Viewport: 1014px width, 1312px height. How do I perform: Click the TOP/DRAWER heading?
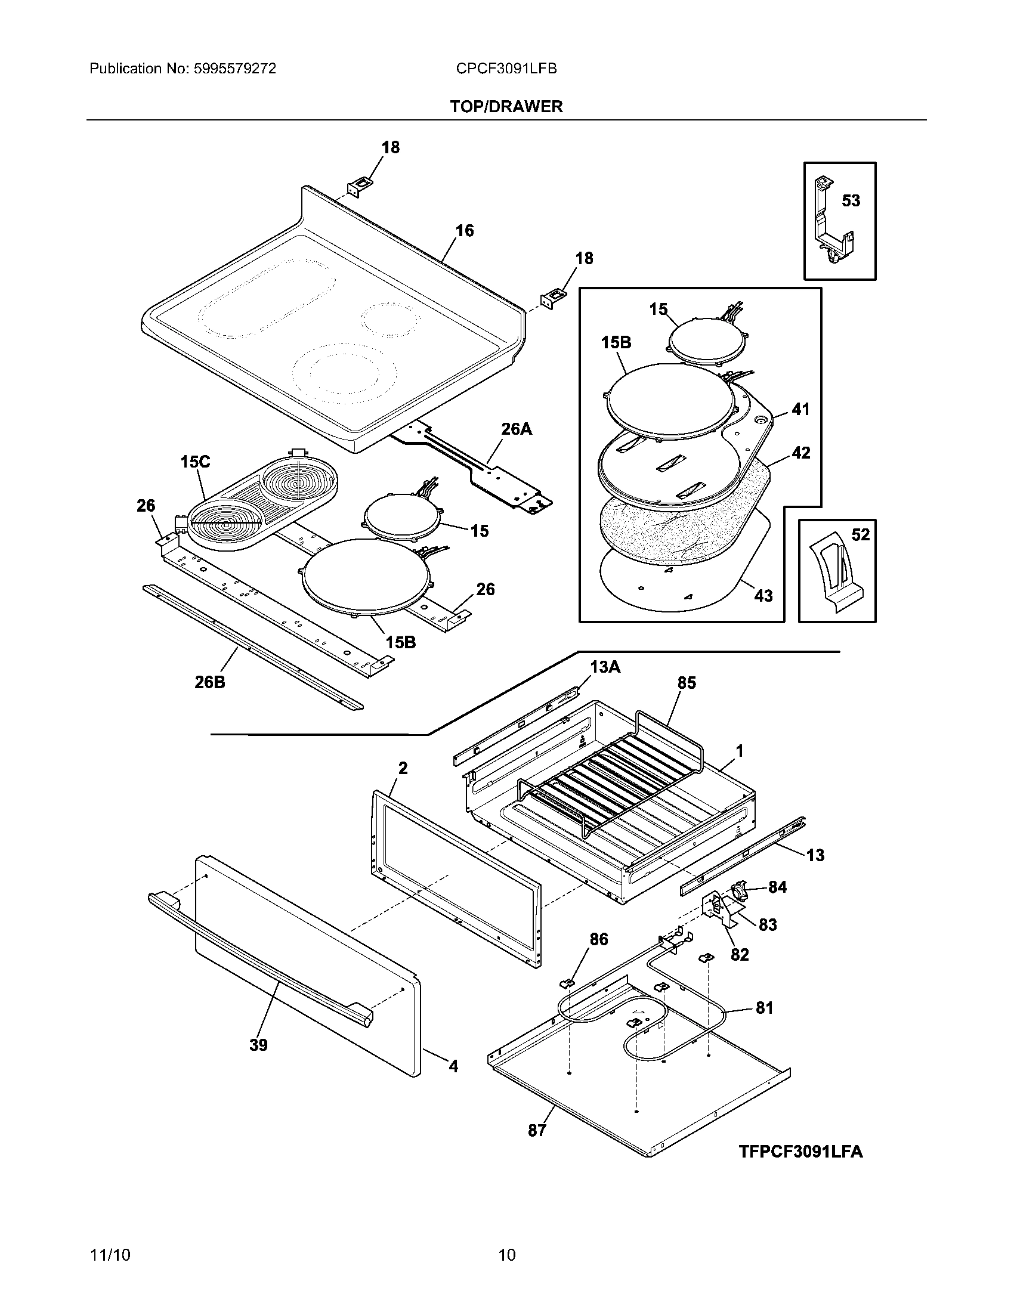tap(506, 107)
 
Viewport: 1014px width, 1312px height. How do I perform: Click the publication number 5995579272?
tap(235, 69)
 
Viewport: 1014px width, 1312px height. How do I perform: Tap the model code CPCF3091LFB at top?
tap(506, 69)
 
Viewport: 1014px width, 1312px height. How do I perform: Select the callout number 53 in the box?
tap(851, 200)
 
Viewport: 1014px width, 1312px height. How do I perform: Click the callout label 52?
tap(860, 535)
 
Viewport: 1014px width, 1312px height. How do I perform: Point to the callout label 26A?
tap(517, 429)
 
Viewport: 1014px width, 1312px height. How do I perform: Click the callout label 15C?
tap(195, 462)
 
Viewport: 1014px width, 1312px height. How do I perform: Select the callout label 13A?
tap(605, 667)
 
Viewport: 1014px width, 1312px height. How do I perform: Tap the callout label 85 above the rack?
tap(687, 683)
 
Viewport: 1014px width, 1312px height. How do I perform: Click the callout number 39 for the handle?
tap(258, 1045)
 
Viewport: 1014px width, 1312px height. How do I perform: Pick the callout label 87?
tap(537, 1131)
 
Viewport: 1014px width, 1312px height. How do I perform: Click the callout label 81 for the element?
tap(764, 1008)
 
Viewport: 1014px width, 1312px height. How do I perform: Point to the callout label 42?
tap(800, 453)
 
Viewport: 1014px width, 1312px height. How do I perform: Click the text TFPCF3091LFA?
tap(800, 1152)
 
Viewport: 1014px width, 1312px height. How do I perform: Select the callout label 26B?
tap(209, 682)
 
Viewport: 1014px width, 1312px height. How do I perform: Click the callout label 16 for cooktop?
tap(464, 231)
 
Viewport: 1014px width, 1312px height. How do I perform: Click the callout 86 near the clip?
tap(598, 939)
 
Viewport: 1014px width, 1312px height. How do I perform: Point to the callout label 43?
tap(763, 596)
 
